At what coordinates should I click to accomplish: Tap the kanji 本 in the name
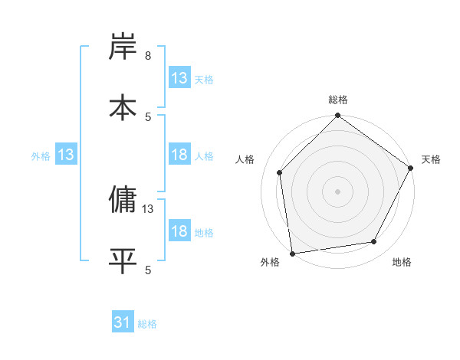pyautogui.click(x=123, y=106)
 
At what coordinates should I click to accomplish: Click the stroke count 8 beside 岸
pyautogui.click(x=148, y=56)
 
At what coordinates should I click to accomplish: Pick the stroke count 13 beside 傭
pyautogui.click(x=148, y=208)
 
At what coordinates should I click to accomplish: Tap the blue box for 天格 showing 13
pyautogui.click(x=179, y=78)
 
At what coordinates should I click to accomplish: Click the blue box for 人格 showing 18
pyautogui.click(x=179, y=155)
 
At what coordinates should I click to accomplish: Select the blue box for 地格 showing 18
pyautogui.click(x=179, y=231)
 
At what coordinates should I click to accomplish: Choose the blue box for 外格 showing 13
pyautogui.click(x=66, y=155)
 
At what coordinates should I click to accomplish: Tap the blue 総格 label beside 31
pyautogui.click(x=147, y=324)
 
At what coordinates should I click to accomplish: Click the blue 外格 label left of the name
pyautogui.click(x=41, y=155)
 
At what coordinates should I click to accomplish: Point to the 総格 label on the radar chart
pyautogui.click(x=338, y=100)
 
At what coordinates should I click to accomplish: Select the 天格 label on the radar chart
pyautogui.click(x=431, y=159)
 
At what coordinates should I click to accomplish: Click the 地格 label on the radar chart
pyautogui.click(x=402, y=263)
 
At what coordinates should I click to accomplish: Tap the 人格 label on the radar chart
pyautogui.click(x=245, y=159)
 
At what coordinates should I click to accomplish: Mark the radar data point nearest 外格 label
pyautogui.click(x=292, y=253)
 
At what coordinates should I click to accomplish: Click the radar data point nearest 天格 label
pyautogui.click(x=411, y=169)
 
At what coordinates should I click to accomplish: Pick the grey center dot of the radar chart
pyautogui.click(x=338, y=191)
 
